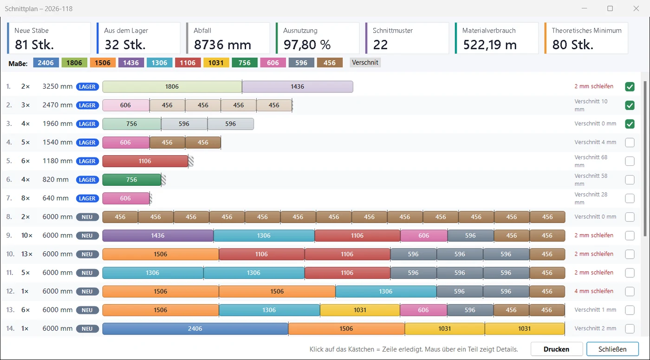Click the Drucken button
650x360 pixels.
[x=556, y=349]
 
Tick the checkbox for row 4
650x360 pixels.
[x=630, y=143]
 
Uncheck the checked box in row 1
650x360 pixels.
[x=630, y=86]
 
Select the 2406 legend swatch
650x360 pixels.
[x=46, y=63]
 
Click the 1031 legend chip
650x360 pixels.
[x=216, y=63]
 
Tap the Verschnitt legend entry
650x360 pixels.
[x=365, y=62]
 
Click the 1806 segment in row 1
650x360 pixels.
[x=172, y=86]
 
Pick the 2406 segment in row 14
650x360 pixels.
[x=195, y=329]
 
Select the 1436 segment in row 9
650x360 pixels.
[x=158, y=236]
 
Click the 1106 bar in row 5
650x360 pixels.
[x=145, y=161]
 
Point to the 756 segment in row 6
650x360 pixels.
[x=132, y=180]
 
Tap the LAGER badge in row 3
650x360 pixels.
[x=87, y=124]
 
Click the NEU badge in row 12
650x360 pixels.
[x=87, y=292]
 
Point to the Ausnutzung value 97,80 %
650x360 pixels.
[x=307, y=45]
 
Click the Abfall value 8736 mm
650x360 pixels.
[x=222, y=45]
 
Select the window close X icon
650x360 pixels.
[x=636, y=9]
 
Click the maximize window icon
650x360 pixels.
[x=610, y=8]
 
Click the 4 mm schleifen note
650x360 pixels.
[x=594, y=291]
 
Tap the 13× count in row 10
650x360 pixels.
[x=27, y=254]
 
